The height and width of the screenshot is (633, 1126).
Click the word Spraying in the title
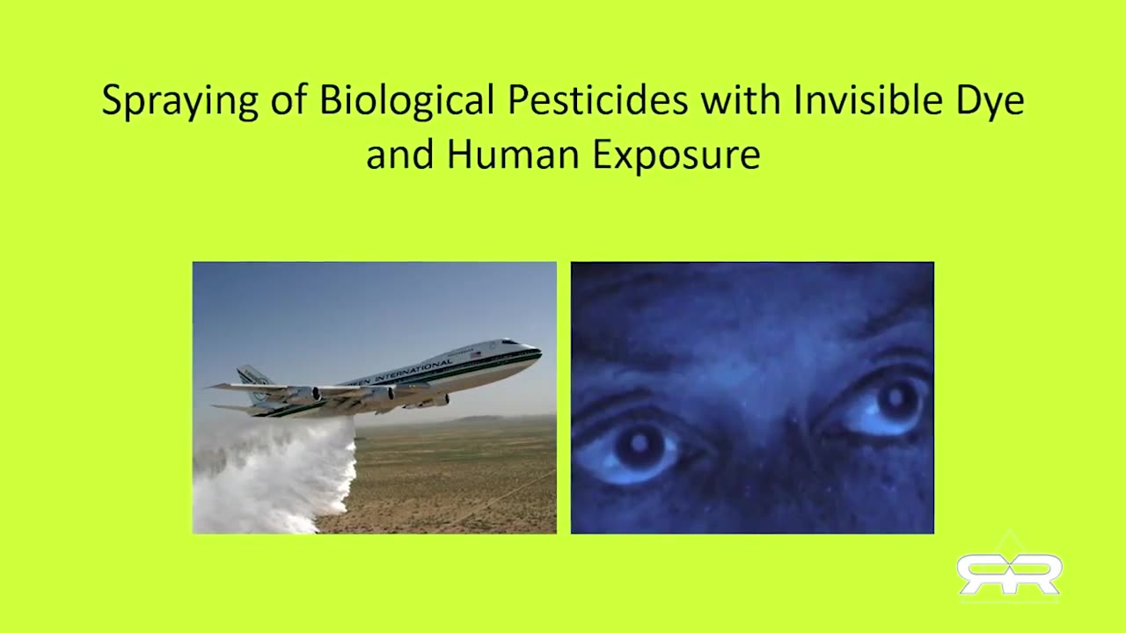pos(179,100)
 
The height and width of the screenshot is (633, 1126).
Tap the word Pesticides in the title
pos(597,99)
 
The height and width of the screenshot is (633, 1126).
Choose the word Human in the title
pos(513,154)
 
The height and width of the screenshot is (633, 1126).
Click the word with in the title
pos(741,99)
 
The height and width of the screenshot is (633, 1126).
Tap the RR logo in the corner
pos(1009,573)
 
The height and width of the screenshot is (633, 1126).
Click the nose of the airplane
pos(537,350)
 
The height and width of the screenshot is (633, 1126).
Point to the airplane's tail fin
pos(255,381)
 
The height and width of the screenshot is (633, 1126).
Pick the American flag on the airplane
pos(475,354)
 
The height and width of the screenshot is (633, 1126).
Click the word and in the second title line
pos(399,154)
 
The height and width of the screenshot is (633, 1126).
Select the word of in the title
pos(289,99)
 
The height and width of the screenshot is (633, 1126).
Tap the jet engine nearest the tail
pos(305,395)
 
